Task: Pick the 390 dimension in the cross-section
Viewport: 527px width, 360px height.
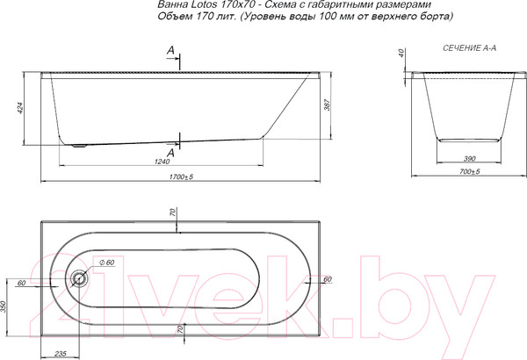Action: (x=470, y=158)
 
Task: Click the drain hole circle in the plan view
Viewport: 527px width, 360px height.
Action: (x=80, y=280)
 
